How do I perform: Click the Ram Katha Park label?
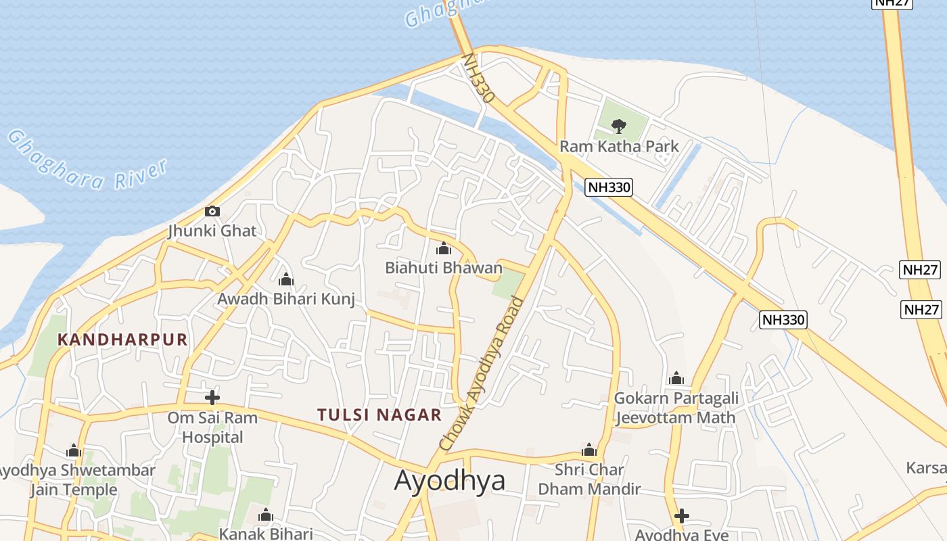(619, 146)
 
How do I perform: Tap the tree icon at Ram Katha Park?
(618, 125)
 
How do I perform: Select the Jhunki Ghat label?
(212, 231)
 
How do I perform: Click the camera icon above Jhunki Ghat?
(212, 211)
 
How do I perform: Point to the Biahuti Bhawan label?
(444, 268)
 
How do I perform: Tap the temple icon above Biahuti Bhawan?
(444, 249)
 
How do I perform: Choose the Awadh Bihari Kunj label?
(286, 298)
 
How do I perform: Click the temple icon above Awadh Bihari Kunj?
(286, 279)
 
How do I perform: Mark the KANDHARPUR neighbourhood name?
(122, 339)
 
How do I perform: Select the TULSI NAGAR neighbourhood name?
(379, 415)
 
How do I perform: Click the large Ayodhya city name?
(450, 481)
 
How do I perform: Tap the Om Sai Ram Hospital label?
(212, 427)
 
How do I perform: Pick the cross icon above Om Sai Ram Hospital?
(212, 397)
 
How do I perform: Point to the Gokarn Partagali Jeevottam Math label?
(676, 408)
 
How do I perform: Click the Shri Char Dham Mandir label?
(589, 479)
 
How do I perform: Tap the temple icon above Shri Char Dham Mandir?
(589, 450)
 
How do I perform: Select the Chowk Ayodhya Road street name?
(482, 374)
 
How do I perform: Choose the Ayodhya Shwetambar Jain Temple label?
(74, 479)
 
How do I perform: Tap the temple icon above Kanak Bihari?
(265, 516)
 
